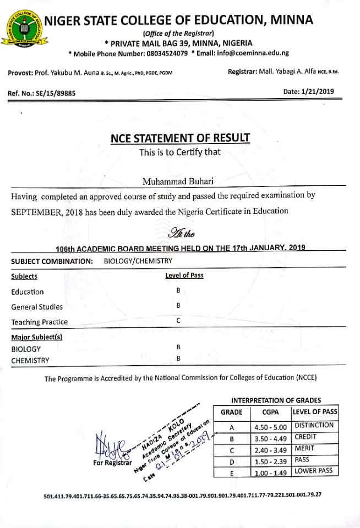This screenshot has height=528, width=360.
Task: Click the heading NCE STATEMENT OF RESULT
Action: tap(180, 137)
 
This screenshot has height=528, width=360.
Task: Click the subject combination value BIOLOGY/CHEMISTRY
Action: tap(138, 261)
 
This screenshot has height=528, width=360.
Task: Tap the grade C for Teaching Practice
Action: tap(178, 320)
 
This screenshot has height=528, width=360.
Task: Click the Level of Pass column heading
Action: tap(184, 276)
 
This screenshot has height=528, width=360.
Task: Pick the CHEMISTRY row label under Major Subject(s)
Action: tap(30, 361)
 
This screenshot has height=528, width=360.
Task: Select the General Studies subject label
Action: tap(37, 307)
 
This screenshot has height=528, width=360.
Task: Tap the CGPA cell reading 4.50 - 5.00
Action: tap(270, 427)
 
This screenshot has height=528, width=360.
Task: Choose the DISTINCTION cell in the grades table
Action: tap(314, 425)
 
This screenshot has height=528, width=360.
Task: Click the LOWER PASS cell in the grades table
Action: tap(313, 471)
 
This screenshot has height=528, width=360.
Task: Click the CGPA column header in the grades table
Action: tap(270, 412)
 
